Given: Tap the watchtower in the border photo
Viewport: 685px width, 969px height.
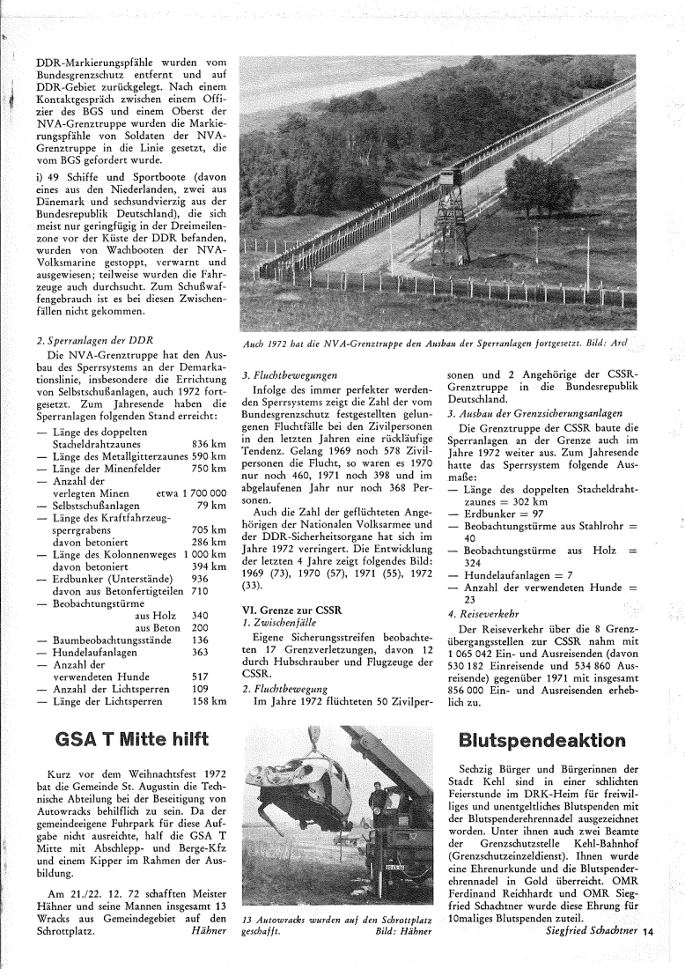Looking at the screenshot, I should click(x=450, y=211).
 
